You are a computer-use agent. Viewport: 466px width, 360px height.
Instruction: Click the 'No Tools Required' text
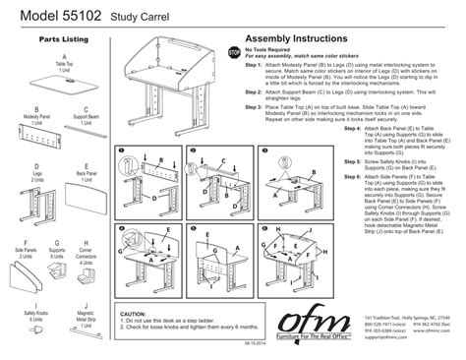click(x=272, y=47)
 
